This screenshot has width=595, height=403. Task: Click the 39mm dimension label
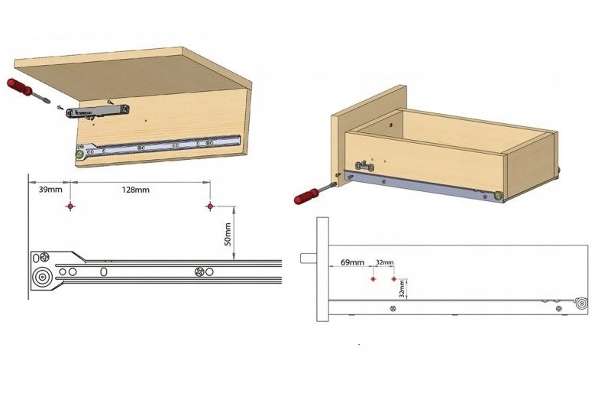50,190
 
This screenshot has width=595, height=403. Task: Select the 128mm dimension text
135,190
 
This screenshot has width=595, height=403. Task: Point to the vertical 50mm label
228,234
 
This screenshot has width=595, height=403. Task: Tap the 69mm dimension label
352,262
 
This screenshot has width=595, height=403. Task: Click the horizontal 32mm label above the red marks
385,262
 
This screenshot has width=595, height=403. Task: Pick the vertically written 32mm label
402,289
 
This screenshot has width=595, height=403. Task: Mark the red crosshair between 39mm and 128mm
70,206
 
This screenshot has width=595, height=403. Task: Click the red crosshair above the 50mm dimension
210,206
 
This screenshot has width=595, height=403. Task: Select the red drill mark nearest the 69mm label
373,279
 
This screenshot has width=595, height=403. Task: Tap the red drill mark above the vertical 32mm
394,279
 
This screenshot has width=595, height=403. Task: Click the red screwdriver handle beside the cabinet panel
20,87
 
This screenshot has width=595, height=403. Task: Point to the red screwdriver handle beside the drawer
306,196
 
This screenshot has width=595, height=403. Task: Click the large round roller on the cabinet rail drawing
41,278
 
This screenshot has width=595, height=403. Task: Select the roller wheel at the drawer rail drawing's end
581,304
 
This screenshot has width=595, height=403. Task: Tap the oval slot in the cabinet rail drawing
103,271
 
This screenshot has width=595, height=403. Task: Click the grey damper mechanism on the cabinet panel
98,112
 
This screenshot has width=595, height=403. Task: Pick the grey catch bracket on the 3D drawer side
364,166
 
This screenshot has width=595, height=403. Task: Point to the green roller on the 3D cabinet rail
80,154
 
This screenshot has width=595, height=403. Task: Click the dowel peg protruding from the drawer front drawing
309,258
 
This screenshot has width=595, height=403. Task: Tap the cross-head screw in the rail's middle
199,272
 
